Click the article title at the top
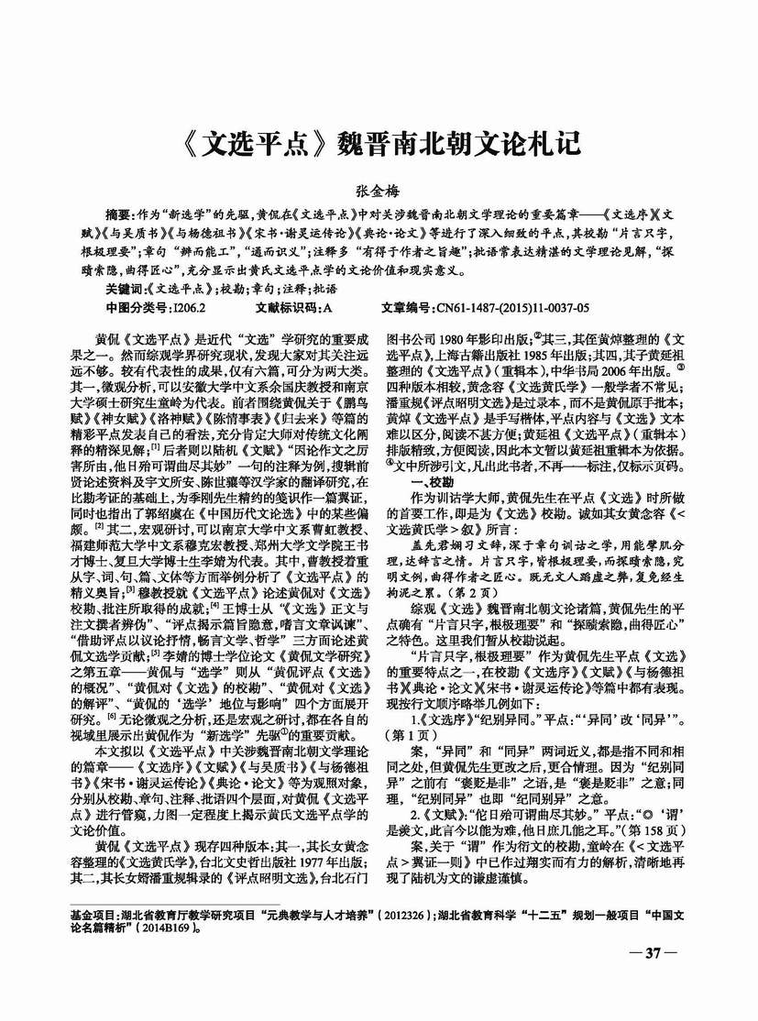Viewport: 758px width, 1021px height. click(x=378, y=146)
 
